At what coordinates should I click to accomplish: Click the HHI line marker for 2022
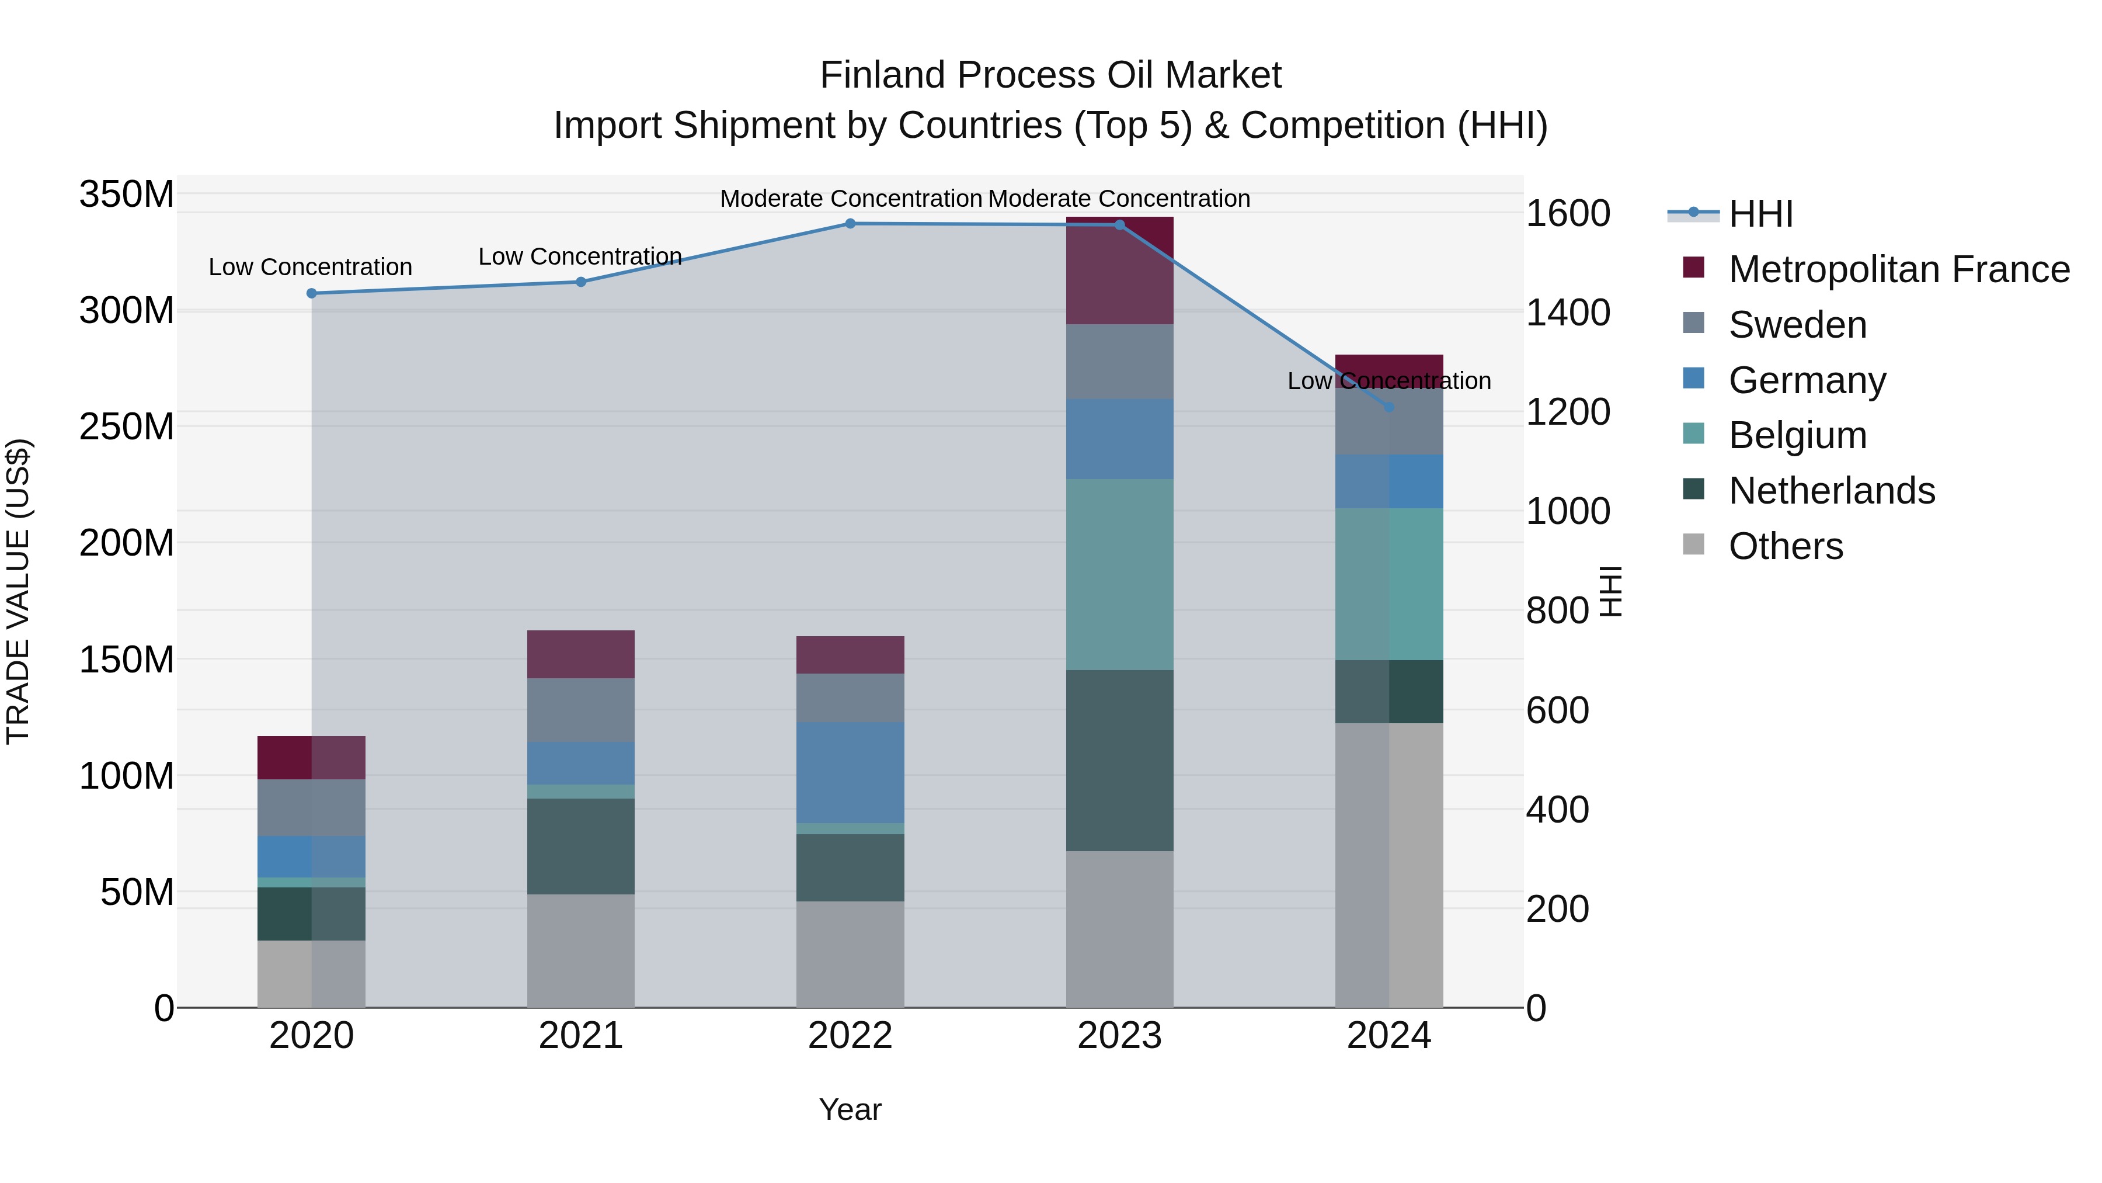point(850,224)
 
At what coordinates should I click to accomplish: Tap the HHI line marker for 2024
point(1389,407)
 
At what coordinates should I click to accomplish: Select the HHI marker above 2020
point(312,293)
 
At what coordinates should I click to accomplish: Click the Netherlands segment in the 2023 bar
point(1119,760)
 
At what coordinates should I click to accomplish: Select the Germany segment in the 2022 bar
point(850,772)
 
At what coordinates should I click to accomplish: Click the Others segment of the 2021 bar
point(581,950)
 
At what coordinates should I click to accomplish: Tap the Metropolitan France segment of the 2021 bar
point(581,654)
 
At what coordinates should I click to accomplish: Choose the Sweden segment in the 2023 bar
point(1119,361)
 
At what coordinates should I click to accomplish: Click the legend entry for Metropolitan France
point(1898,269)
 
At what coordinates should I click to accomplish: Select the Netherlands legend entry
point(1831,491)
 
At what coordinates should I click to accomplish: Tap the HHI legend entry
point(1760,214)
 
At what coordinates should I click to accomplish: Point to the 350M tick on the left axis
point(127,195)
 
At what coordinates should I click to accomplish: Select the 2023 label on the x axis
point(1119,1036)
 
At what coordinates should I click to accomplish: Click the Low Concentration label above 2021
point(580,256)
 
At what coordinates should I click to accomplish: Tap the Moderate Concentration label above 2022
point(850,199)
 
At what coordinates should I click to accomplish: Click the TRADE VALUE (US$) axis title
point(18,591)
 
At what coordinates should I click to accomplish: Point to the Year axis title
point(850,1109)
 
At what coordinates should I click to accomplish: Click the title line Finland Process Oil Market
point(1050,75)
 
